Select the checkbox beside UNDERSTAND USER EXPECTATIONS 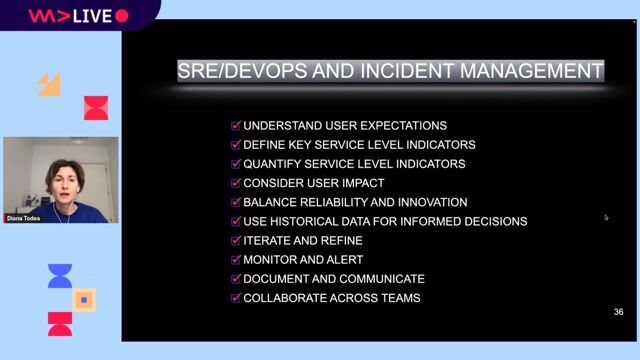(236, 126)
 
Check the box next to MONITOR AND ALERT (236, 260)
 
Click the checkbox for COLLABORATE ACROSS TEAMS (236, 298)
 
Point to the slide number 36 (618, 313)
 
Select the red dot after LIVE (122, 16)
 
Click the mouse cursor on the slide (606, 216)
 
